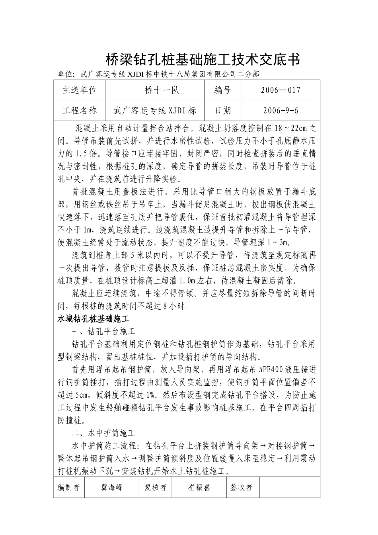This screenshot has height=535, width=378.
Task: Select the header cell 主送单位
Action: (x=80, y=90)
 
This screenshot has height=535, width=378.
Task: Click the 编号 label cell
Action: (x=222, y=90)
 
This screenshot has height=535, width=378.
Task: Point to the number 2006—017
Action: (x=281, y=90)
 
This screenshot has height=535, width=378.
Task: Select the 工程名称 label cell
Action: (x=80, y=110)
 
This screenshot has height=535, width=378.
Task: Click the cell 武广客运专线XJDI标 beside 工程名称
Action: (x=155, y=110)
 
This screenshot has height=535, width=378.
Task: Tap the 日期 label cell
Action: (x=222, y=110)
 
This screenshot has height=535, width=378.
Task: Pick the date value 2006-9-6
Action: (x=281, y=110)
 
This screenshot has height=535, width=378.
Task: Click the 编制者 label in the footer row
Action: (x=69, y=487)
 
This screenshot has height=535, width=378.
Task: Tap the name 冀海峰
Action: (x=112, y=487)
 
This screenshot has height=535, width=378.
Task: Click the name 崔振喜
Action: (x=199, y=487)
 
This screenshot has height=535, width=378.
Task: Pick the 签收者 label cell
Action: (x=242, y=487)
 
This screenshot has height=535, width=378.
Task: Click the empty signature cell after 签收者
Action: (x=288, y=487)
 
